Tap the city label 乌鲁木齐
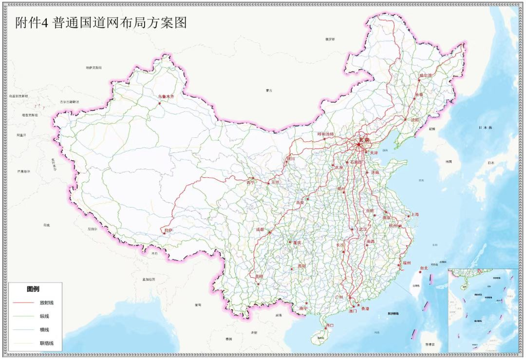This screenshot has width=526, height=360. click(x=166, y=96)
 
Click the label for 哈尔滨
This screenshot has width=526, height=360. click(x=425, y=76)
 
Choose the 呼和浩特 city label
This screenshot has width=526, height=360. click(x=326, y=134)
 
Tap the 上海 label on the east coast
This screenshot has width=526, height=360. click(x=414, y=214)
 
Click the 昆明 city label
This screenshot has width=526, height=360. click(x=259, y=276)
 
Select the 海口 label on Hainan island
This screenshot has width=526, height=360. click(x=330, y=325)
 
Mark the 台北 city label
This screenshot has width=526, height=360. click(x=423, y=267)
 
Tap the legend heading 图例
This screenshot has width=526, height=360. click(x=33, y=289)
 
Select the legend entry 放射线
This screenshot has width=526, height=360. click(x=47, y=303)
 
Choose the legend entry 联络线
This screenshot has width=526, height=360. click(x=47, y=343)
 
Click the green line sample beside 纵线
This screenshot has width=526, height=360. click(x=23, y=316)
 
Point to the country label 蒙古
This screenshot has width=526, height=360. click(x=269, y=90)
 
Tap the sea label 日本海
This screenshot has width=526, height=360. click(x=485, y=128)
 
